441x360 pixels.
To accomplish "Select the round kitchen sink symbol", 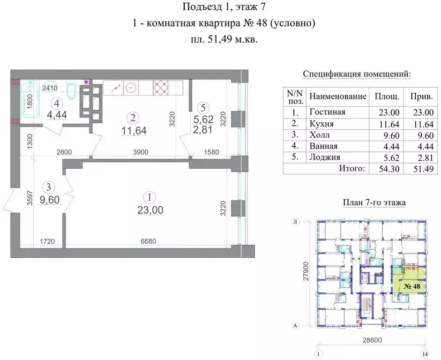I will [x=133, y=87].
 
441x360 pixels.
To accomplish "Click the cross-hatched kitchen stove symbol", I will [x=164, y=87].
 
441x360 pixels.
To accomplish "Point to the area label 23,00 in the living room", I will [x=150, y=211].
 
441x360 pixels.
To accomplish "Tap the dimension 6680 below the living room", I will [x=149, y=242].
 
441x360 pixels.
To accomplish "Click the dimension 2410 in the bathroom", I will [x=50, y=87].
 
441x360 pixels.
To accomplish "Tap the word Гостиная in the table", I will [x=327, y=112].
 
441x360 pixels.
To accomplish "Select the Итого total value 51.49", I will [x=421, y=169].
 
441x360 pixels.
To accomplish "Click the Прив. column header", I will [x=421, y=97].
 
